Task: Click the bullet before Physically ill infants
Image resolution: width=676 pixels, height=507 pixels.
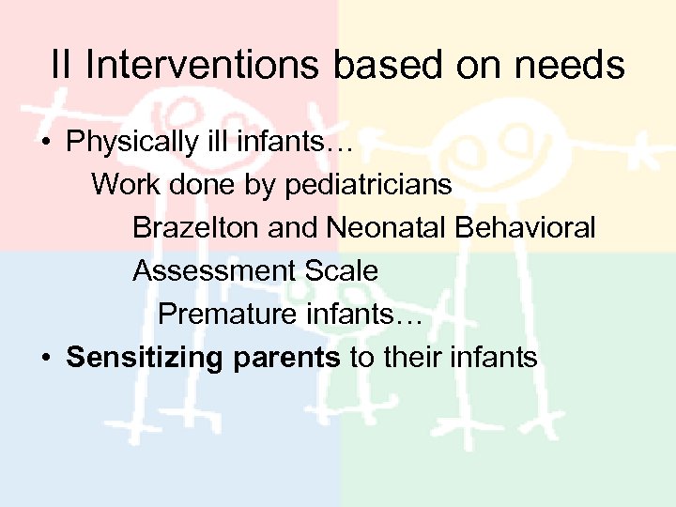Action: click(x=44, y=144)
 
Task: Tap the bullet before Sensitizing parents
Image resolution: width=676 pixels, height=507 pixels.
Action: click(x=44, y=359)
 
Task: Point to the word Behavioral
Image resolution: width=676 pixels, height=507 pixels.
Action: click(x=527, y=227)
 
